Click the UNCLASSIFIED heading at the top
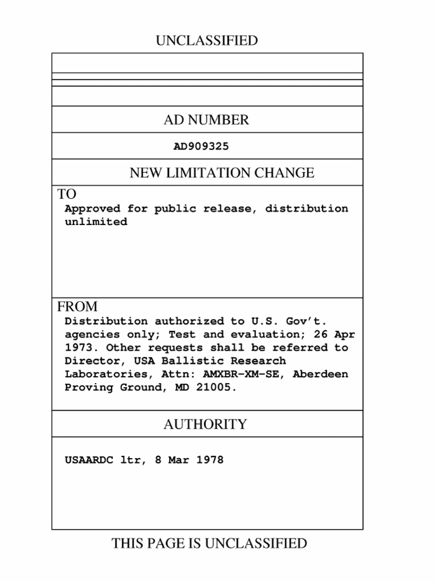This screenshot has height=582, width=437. [207, 41]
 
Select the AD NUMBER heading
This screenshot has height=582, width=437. [207, 120]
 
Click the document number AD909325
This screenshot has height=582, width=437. [201, 147]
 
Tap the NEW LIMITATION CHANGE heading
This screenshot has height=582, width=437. [222, 173]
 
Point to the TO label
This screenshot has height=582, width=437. [67, 194]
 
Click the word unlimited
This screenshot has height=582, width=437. [96, 222]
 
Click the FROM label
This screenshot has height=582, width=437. [77, 307]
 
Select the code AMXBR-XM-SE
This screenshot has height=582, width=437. [240, 375]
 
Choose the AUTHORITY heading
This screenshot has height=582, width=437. [205, 425]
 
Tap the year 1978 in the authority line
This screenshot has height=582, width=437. [210, 460]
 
